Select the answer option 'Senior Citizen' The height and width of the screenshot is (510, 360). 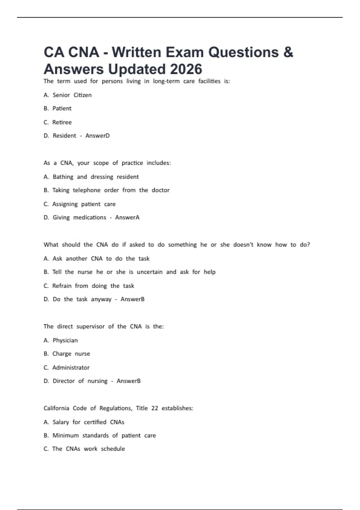72,95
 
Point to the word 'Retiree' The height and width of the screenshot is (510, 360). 62,122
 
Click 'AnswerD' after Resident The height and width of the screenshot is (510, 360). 97,136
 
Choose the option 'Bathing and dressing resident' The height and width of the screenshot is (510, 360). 95,177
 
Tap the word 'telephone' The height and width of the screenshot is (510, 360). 86,190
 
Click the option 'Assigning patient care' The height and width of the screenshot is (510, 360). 84,204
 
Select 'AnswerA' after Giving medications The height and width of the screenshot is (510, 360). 127,217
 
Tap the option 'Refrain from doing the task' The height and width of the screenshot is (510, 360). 93,286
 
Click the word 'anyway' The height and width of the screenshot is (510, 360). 101,299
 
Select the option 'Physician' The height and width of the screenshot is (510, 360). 65,340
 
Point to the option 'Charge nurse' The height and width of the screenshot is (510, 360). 71,354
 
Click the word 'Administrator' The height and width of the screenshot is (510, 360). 71,368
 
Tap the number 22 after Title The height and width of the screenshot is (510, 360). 154,408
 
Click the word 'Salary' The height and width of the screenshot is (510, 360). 61,422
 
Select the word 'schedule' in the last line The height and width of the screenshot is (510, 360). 113,449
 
